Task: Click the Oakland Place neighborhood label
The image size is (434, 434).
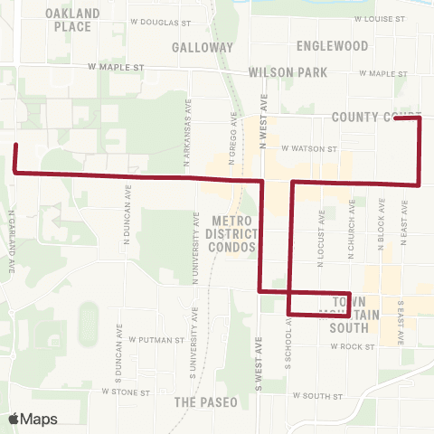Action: (x=68, y=19)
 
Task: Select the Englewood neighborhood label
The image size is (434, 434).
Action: (x=332, y=45)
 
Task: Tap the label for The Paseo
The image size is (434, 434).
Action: (x=206, y=401)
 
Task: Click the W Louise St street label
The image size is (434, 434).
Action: (x=383, y=18)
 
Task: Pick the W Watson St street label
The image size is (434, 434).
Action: (x=309, y=148)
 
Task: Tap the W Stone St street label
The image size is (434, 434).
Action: (x=126, y=392)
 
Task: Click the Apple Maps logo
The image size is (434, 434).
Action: (x=33, y=419)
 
